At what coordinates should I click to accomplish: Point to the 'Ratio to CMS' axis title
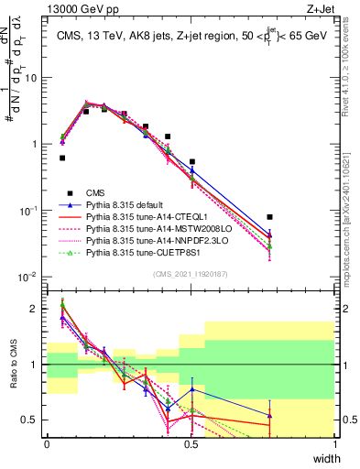(x=11, y=378)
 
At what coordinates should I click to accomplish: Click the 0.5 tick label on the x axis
(x=191, y=444)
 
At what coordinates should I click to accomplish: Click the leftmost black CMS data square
(x=62, y=158)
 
